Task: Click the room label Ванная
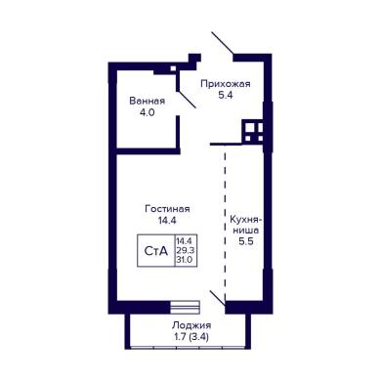[148, 101]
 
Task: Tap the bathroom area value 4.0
[147, 112]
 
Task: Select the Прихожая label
[226, 84]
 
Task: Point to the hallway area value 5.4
[226, 96]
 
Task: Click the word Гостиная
[167, 209]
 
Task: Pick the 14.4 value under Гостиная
[167, 221]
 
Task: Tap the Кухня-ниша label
[246, 225]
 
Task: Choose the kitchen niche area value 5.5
[246, 241]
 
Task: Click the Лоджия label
[191, 325]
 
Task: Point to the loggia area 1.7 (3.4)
[191, 337]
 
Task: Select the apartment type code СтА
[156, 251]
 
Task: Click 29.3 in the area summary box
[186, 250]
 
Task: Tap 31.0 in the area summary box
[185, 260]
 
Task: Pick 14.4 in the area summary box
[186, 241]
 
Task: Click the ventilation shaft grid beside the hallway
[253, 132]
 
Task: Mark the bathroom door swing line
[187, 100]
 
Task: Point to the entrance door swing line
[223, 43]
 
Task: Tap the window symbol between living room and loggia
[185, 307]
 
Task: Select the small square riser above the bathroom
[174, 68]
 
